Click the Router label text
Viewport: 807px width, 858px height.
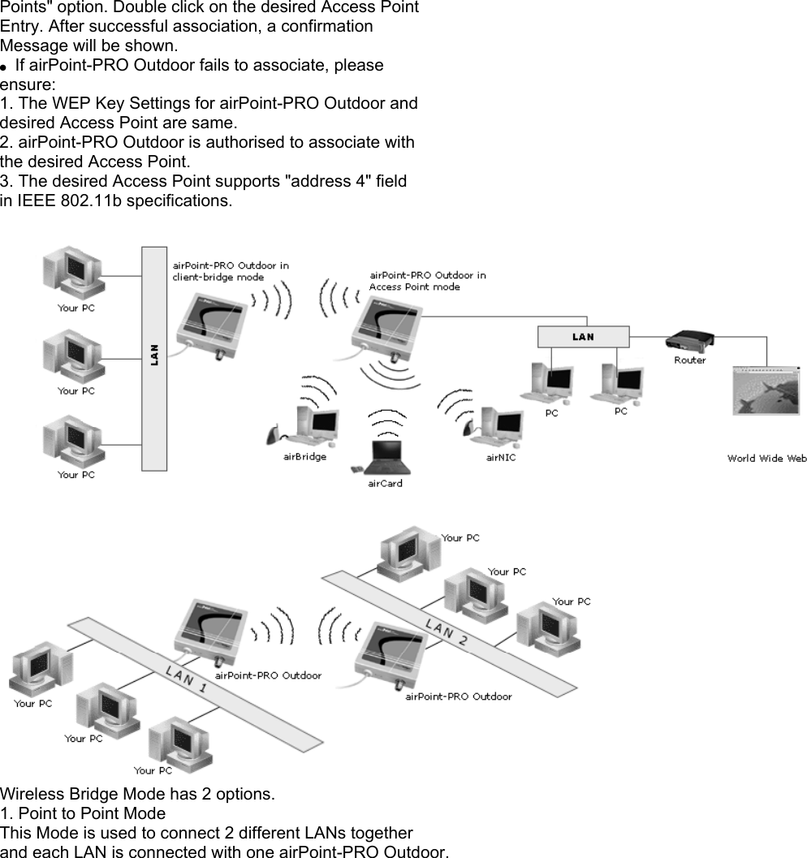(689, 360)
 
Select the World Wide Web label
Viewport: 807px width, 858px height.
(766, 459)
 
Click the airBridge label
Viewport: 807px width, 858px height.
(304, 457)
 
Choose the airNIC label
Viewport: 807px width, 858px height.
(500, 457)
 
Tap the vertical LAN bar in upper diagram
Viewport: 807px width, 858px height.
(154, 357)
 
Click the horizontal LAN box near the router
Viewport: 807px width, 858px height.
(583, 337)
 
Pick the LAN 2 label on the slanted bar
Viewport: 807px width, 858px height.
(446, 631)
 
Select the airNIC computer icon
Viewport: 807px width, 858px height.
(493, 424)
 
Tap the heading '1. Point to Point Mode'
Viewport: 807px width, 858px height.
(83, 813)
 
